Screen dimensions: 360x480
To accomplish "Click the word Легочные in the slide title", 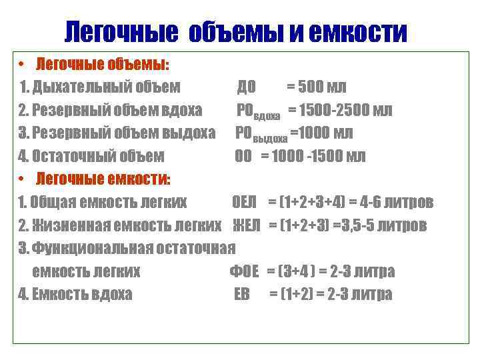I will pyautogui.click(x=122, y=31).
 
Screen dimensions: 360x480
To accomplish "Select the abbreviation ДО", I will pyautogui.click(x=247, y=87).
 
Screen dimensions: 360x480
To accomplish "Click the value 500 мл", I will pyautogui.click(x=323, y=87).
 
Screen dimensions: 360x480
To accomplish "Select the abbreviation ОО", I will pyautogui.click(x=243, y=157).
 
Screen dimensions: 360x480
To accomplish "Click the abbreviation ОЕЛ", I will pyautogui.click(x=245, y=202).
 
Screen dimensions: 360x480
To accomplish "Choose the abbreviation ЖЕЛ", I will pyautogui.click(x=247, y=225).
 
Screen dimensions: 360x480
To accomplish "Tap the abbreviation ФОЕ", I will pyautogui.click(x=245, y=271).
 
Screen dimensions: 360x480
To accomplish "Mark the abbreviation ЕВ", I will pyautogui.click(x=241, y=294).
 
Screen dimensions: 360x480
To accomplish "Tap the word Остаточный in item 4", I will pyautogui.click(x=79, y=157).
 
